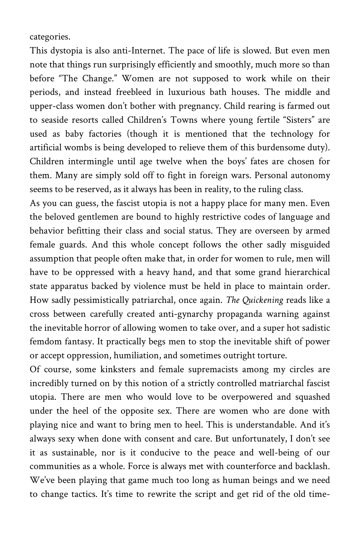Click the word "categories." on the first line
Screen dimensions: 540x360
click(x=50, y=37)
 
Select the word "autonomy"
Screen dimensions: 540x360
click(x=310, y=176)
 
